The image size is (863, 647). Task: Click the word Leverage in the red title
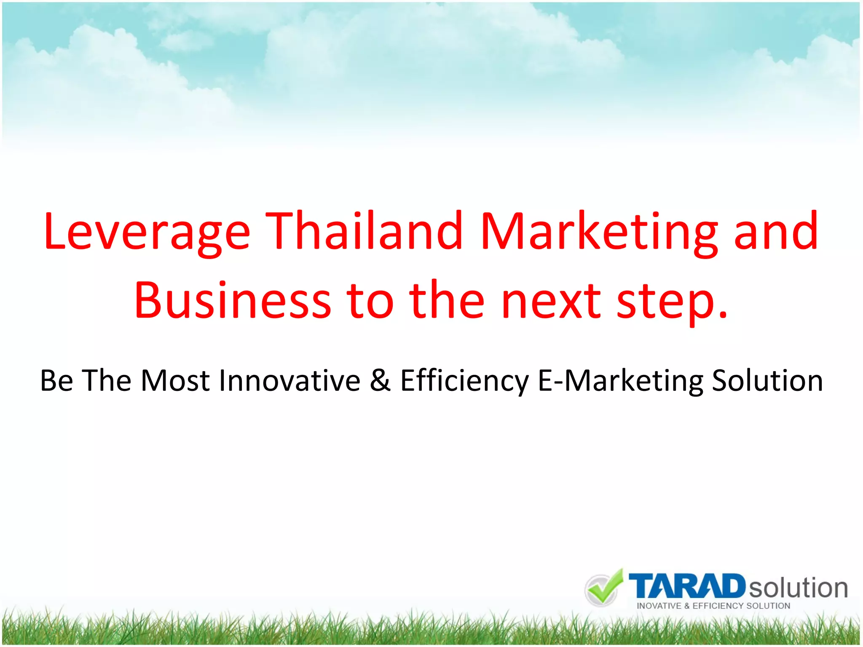point(147,232)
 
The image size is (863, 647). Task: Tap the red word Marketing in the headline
point(599,232)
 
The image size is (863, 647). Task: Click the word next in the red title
point(551,301)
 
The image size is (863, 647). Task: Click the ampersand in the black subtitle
point(380,380)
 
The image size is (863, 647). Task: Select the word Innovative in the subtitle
point(290,380)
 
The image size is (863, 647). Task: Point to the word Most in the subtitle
point(175,380)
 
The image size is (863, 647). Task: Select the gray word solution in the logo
point(798,588)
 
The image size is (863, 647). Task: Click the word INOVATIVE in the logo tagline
point(659,606)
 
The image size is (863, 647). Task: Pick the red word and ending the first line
point(776,232)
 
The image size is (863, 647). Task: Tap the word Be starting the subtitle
point(56,380)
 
